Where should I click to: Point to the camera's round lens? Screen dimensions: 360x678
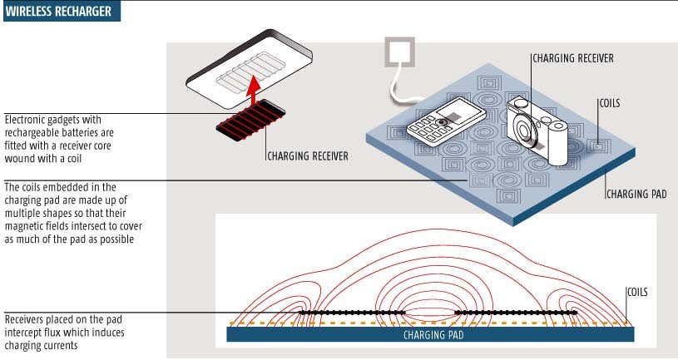[x=526, y=131]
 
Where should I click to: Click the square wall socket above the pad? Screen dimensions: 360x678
[x=398, y=52]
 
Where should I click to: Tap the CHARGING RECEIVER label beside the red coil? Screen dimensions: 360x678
[x=306, y=155]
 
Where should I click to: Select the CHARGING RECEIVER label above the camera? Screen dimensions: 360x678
[x=572, y=58]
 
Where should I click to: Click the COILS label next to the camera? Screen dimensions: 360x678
[x=610, y=104]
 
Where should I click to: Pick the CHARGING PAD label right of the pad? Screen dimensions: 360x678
[x=636, y=194]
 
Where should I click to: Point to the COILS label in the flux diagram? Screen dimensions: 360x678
[x=639, y=292]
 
